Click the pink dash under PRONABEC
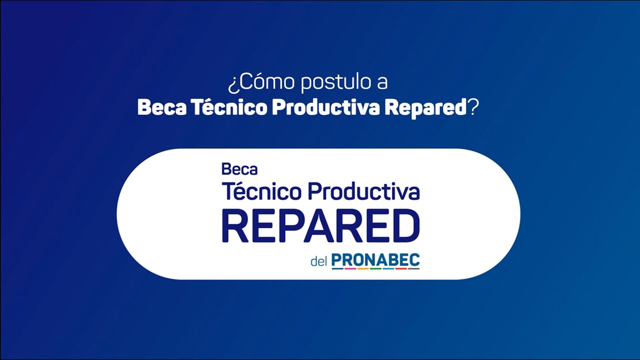coord(350,269)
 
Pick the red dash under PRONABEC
coord(401,269)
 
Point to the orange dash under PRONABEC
coord(363,269)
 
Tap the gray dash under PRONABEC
coord(413,269)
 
